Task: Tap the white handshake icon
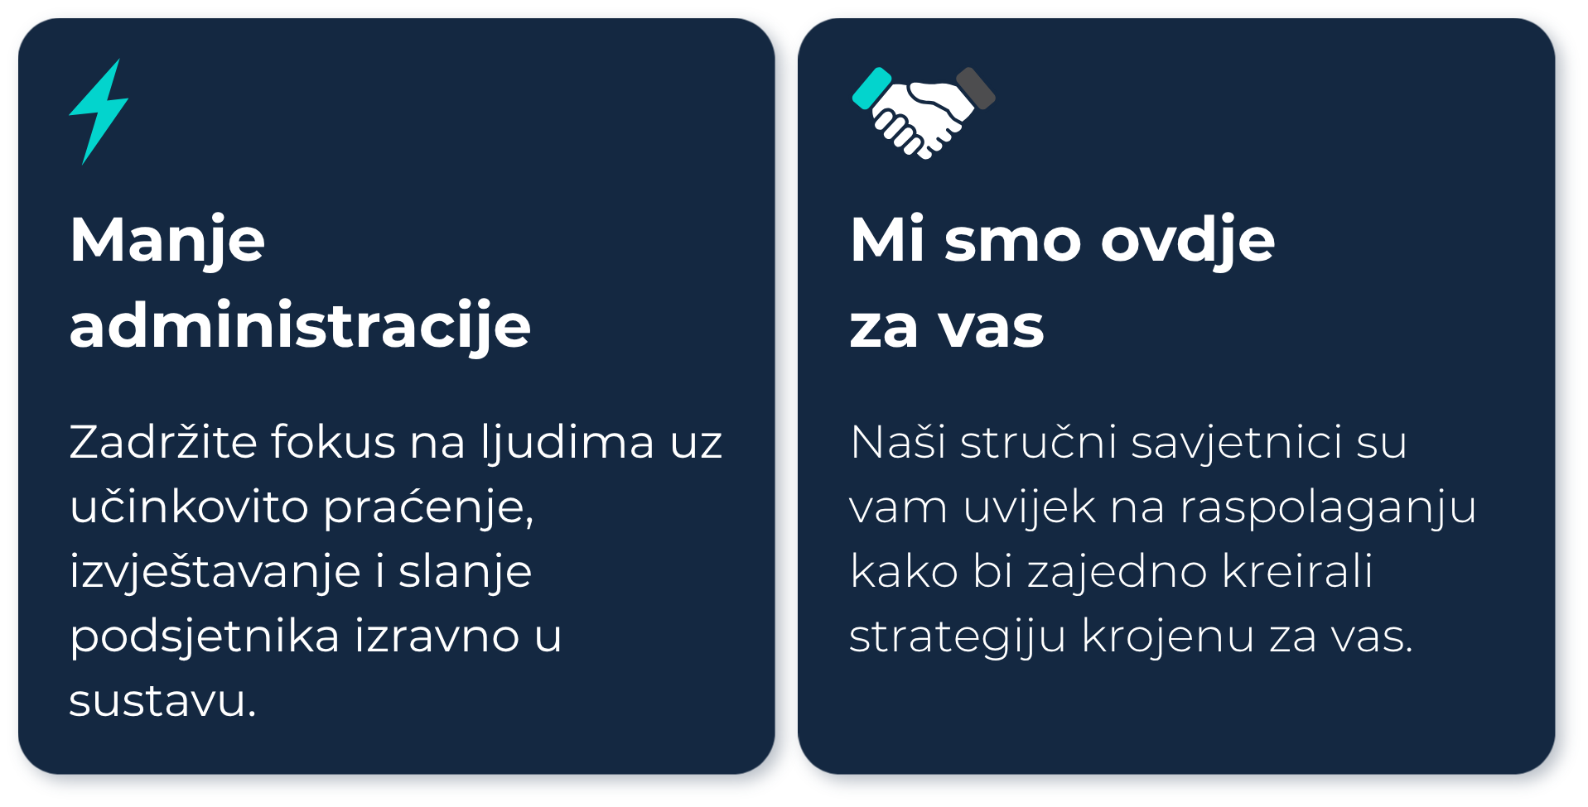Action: click(x=924, y=113)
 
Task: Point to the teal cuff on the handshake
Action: click(x=871, y=89)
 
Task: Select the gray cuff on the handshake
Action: click(x=976, y=88)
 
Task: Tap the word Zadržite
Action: click(x=163, y=440)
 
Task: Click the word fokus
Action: click(x=333, y=441)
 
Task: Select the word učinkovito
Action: click(x=190, y=506)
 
